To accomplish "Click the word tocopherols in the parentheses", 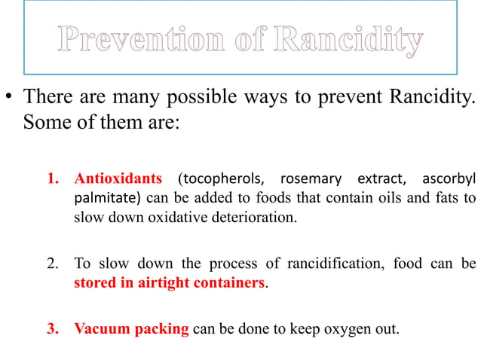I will pyautogui.click(x=225, y=179).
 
